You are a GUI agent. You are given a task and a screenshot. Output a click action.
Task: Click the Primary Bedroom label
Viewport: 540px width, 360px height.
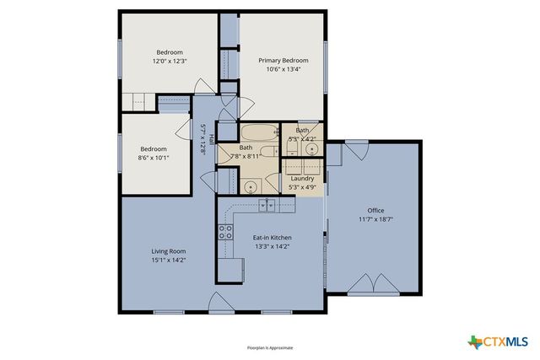[x=283, y=60]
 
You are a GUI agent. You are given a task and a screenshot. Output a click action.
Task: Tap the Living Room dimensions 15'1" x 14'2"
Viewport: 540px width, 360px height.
[x=168, y=261]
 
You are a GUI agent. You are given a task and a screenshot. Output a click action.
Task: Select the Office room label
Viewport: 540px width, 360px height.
[x=375, y=210]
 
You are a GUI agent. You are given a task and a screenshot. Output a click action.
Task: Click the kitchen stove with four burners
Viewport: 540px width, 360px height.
[x=226, y=232]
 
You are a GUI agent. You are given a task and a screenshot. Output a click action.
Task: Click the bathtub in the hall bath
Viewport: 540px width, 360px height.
[x=256, y=134]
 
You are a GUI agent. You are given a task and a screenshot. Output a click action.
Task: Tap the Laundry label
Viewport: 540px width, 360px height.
[x=302, y=179]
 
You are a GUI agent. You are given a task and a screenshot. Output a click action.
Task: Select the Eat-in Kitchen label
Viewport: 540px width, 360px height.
[x=273, y=238]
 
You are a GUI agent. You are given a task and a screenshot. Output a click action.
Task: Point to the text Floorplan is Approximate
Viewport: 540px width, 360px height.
[x=269, y=346]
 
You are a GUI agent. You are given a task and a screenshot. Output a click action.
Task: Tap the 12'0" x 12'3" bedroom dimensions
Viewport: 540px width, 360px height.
[x=169, y=61]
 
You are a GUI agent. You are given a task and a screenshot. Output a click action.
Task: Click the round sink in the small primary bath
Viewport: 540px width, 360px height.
[x=311, y=149]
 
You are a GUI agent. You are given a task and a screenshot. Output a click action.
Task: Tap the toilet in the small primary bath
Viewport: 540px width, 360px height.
[x=291, y=148]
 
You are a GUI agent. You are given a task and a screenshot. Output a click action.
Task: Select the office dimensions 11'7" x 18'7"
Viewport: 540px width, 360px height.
[x=375, y=219]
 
